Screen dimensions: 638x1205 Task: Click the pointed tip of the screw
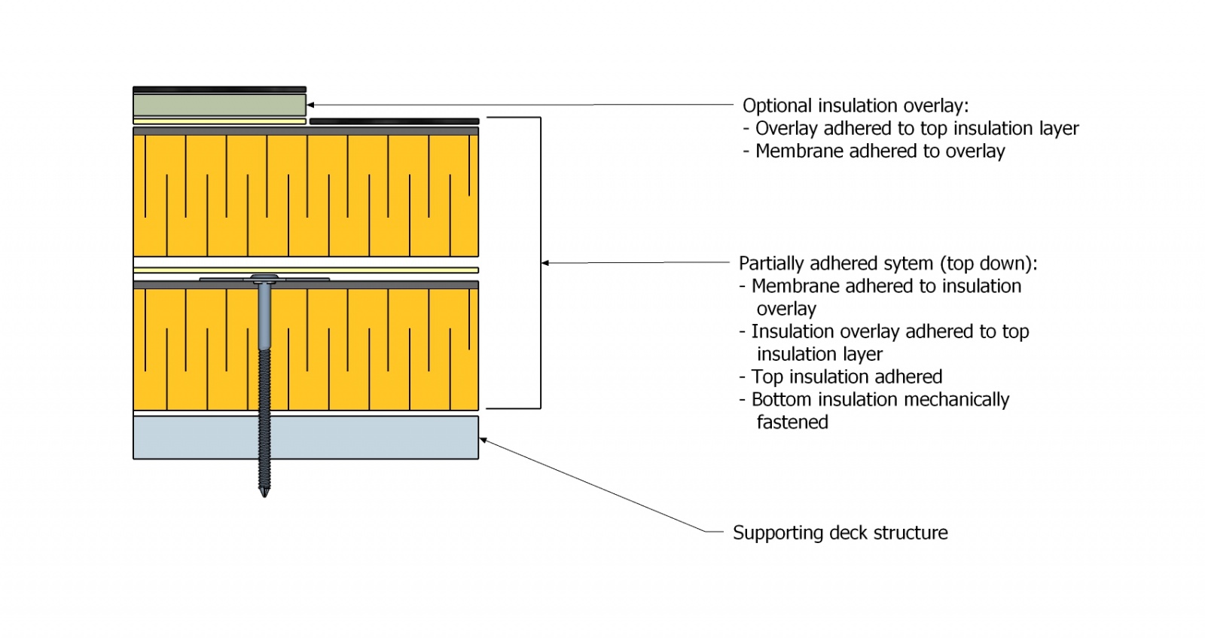264,494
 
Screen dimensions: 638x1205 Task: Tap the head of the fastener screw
264,279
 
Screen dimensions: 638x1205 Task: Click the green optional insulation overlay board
219,105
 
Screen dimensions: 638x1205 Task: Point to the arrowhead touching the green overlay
311,105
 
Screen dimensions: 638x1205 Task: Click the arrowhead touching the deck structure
484,440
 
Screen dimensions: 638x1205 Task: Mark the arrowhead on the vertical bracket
545,263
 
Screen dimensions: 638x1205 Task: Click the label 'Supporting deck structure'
840,533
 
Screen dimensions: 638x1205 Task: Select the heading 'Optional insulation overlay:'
856,105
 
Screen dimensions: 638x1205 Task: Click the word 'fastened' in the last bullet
792,423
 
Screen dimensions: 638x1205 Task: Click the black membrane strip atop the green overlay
219,90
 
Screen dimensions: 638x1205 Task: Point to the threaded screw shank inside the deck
264,438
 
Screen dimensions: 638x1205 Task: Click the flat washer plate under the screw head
226,279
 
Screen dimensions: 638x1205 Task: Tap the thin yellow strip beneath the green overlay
219,121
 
